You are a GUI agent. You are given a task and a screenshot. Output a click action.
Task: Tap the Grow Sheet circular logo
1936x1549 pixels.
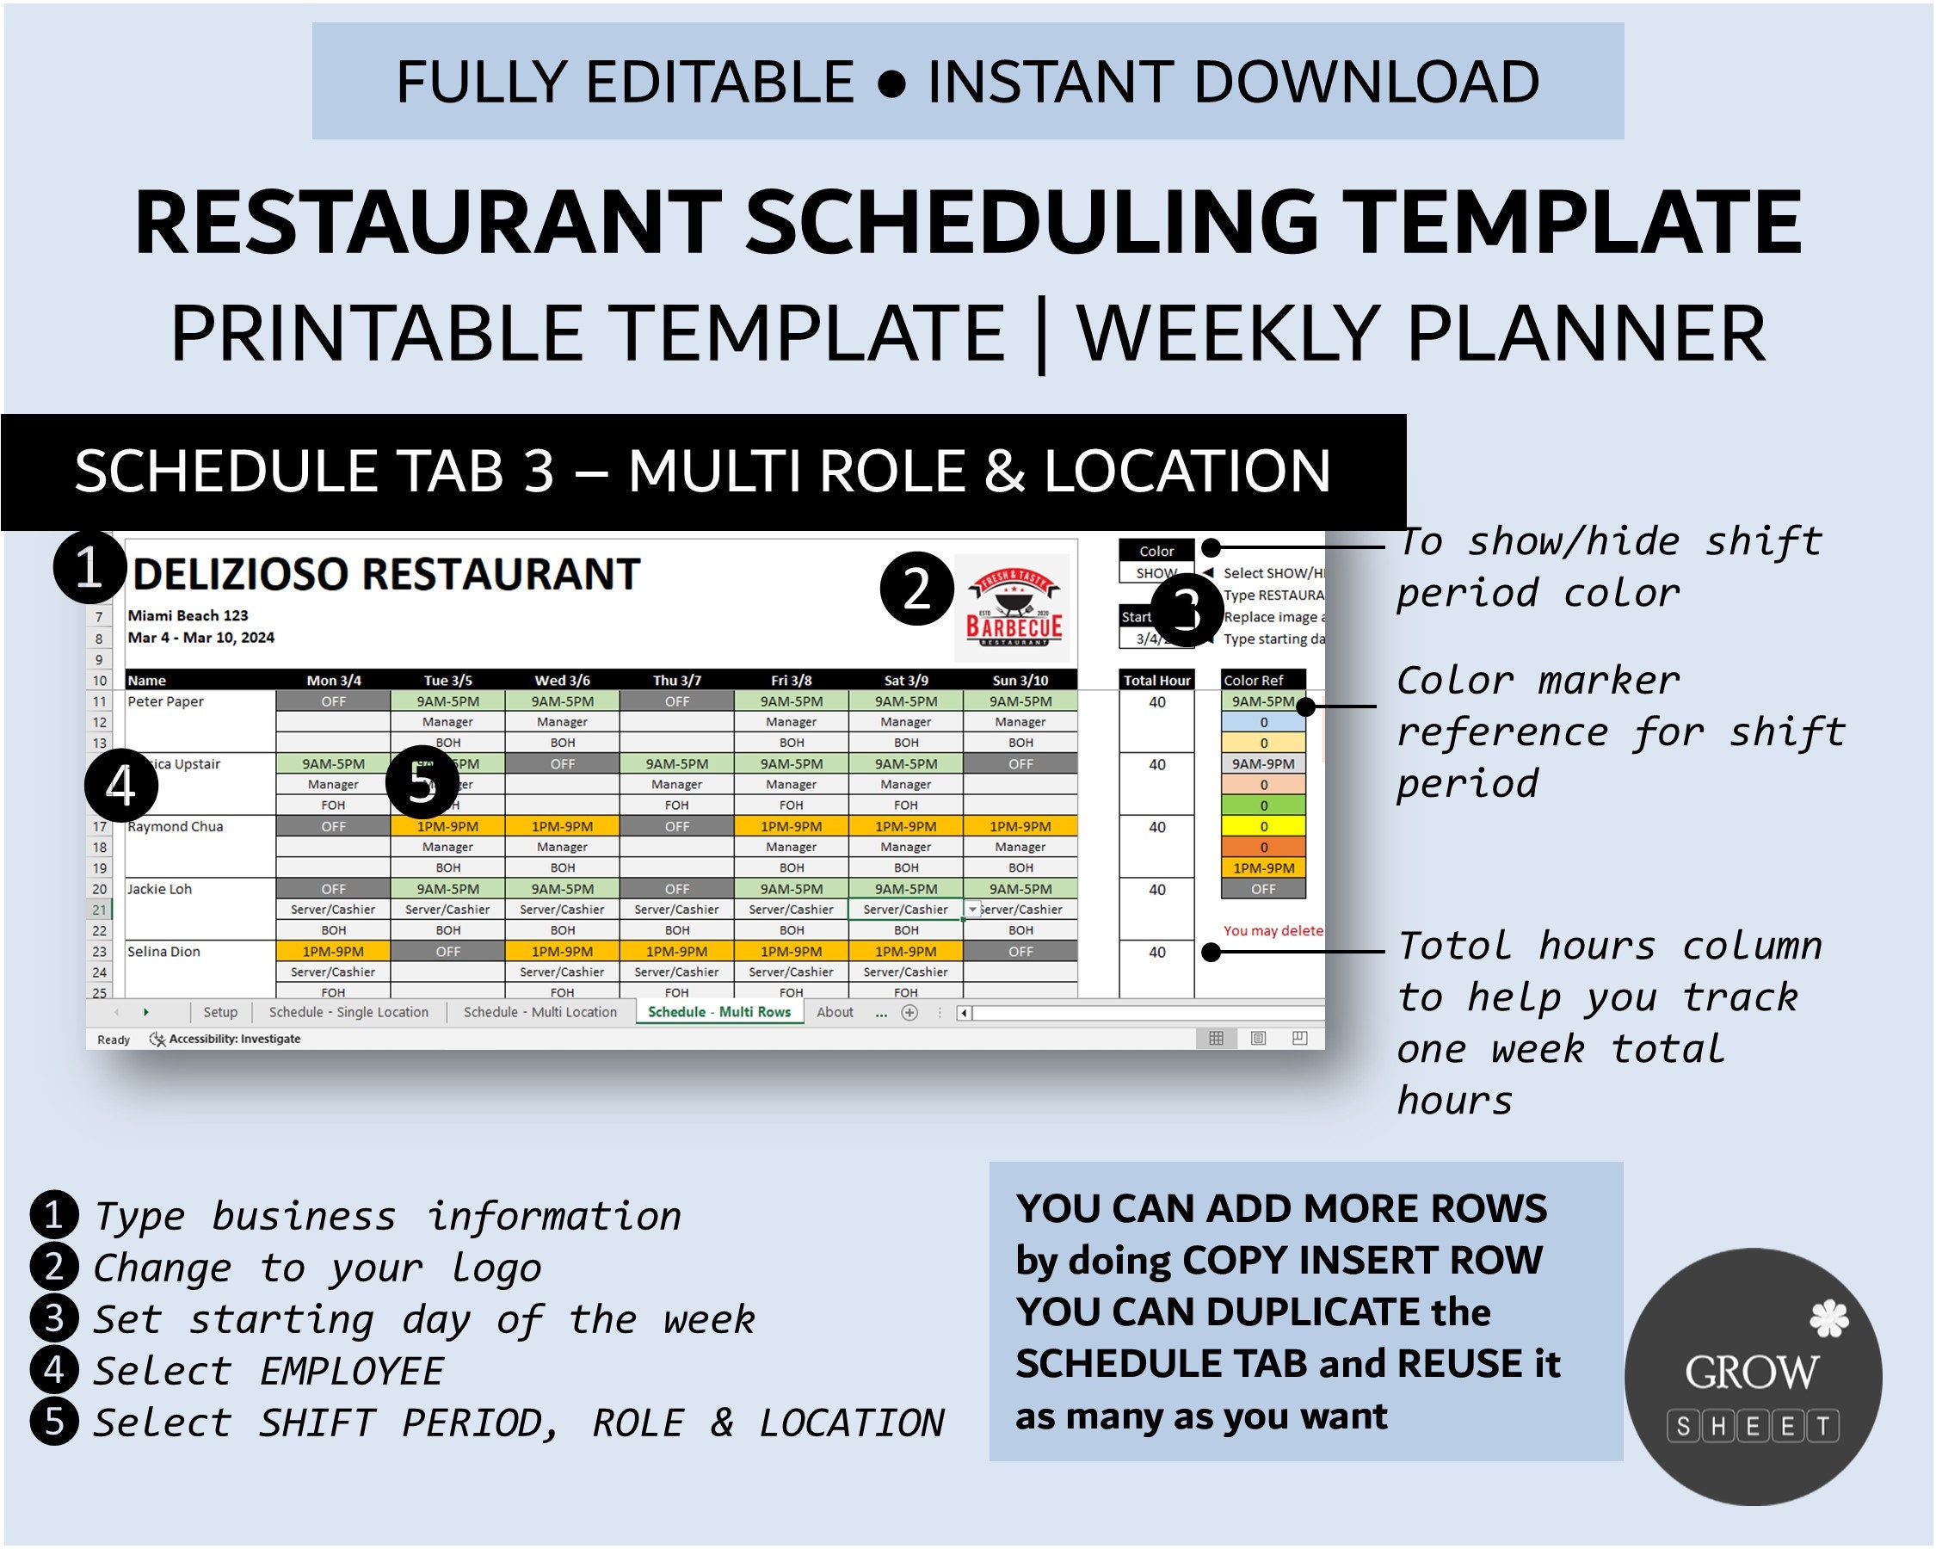[1752, 1376]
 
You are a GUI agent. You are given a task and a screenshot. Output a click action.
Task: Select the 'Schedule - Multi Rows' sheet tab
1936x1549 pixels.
[718, 1012]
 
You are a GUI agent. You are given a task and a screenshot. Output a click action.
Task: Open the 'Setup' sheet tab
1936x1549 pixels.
[220, 1012]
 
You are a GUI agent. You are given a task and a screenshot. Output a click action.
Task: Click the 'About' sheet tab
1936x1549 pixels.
[835, 1012]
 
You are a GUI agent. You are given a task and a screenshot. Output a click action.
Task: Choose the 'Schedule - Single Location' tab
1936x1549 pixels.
[348, 1012]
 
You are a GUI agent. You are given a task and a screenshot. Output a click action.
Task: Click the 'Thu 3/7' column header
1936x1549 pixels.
[676, 681]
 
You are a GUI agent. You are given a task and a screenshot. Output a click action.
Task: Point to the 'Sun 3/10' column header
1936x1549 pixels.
[1020, 681]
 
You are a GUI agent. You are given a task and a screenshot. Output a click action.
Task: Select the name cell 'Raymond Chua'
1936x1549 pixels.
[176, 826]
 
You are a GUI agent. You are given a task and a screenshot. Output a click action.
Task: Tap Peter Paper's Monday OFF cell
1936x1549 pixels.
[333, 701]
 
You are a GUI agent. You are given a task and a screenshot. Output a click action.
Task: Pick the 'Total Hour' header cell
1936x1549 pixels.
[1156, 681]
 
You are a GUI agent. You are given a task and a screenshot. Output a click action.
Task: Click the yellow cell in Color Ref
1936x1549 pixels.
[1262, 826]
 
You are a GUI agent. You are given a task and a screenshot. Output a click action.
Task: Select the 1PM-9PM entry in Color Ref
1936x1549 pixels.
[1262, 868]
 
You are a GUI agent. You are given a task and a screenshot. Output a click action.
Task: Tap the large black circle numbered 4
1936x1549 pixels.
[120, 786]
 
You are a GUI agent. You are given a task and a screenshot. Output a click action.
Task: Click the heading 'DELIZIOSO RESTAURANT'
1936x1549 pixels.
[385, 575]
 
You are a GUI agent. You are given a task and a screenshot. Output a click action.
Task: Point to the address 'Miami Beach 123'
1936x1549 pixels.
[188, 616]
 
